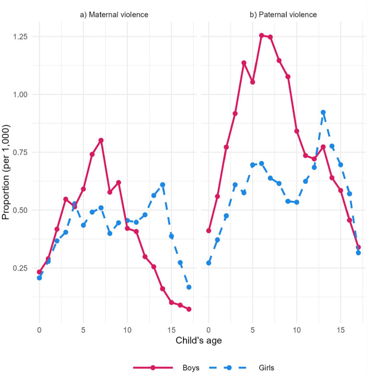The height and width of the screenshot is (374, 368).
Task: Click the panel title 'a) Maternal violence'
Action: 114,15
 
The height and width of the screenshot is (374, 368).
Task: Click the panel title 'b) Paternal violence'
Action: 283,15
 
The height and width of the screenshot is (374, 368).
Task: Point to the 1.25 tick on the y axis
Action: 21,36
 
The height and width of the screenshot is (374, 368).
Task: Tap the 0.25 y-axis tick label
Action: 21,268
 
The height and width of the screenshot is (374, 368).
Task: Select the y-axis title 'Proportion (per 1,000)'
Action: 6,172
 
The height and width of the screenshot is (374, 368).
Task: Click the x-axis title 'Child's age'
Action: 199,340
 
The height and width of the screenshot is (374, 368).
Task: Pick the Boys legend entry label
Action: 191,368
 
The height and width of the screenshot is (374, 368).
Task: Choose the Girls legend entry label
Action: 266,368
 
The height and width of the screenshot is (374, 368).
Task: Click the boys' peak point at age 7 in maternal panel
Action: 101,140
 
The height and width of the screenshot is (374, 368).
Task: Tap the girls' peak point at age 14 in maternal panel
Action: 162,185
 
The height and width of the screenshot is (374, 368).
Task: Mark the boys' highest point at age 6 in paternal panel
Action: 262,35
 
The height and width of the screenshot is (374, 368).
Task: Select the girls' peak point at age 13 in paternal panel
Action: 323,112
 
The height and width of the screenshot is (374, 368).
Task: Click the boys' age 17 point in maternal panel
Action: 189,309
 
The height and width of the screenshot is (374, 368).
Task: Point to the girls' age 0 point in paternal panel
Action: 208,263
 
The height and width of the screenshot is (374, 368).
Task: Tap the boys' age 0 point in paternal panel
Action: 208,231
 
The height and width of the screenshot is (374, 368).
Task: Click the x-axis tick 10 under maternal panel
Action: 127,330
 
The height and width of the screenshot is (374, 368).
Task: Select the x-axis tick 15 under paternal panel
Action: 341,330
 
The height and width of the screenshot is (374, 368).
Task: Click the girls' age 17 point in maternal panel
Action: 189,287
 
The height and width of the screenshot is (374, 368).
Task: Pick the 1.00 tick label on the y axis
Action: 21,94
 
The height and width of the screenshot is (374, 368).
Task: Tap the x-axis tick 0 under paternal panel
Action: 208,330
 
